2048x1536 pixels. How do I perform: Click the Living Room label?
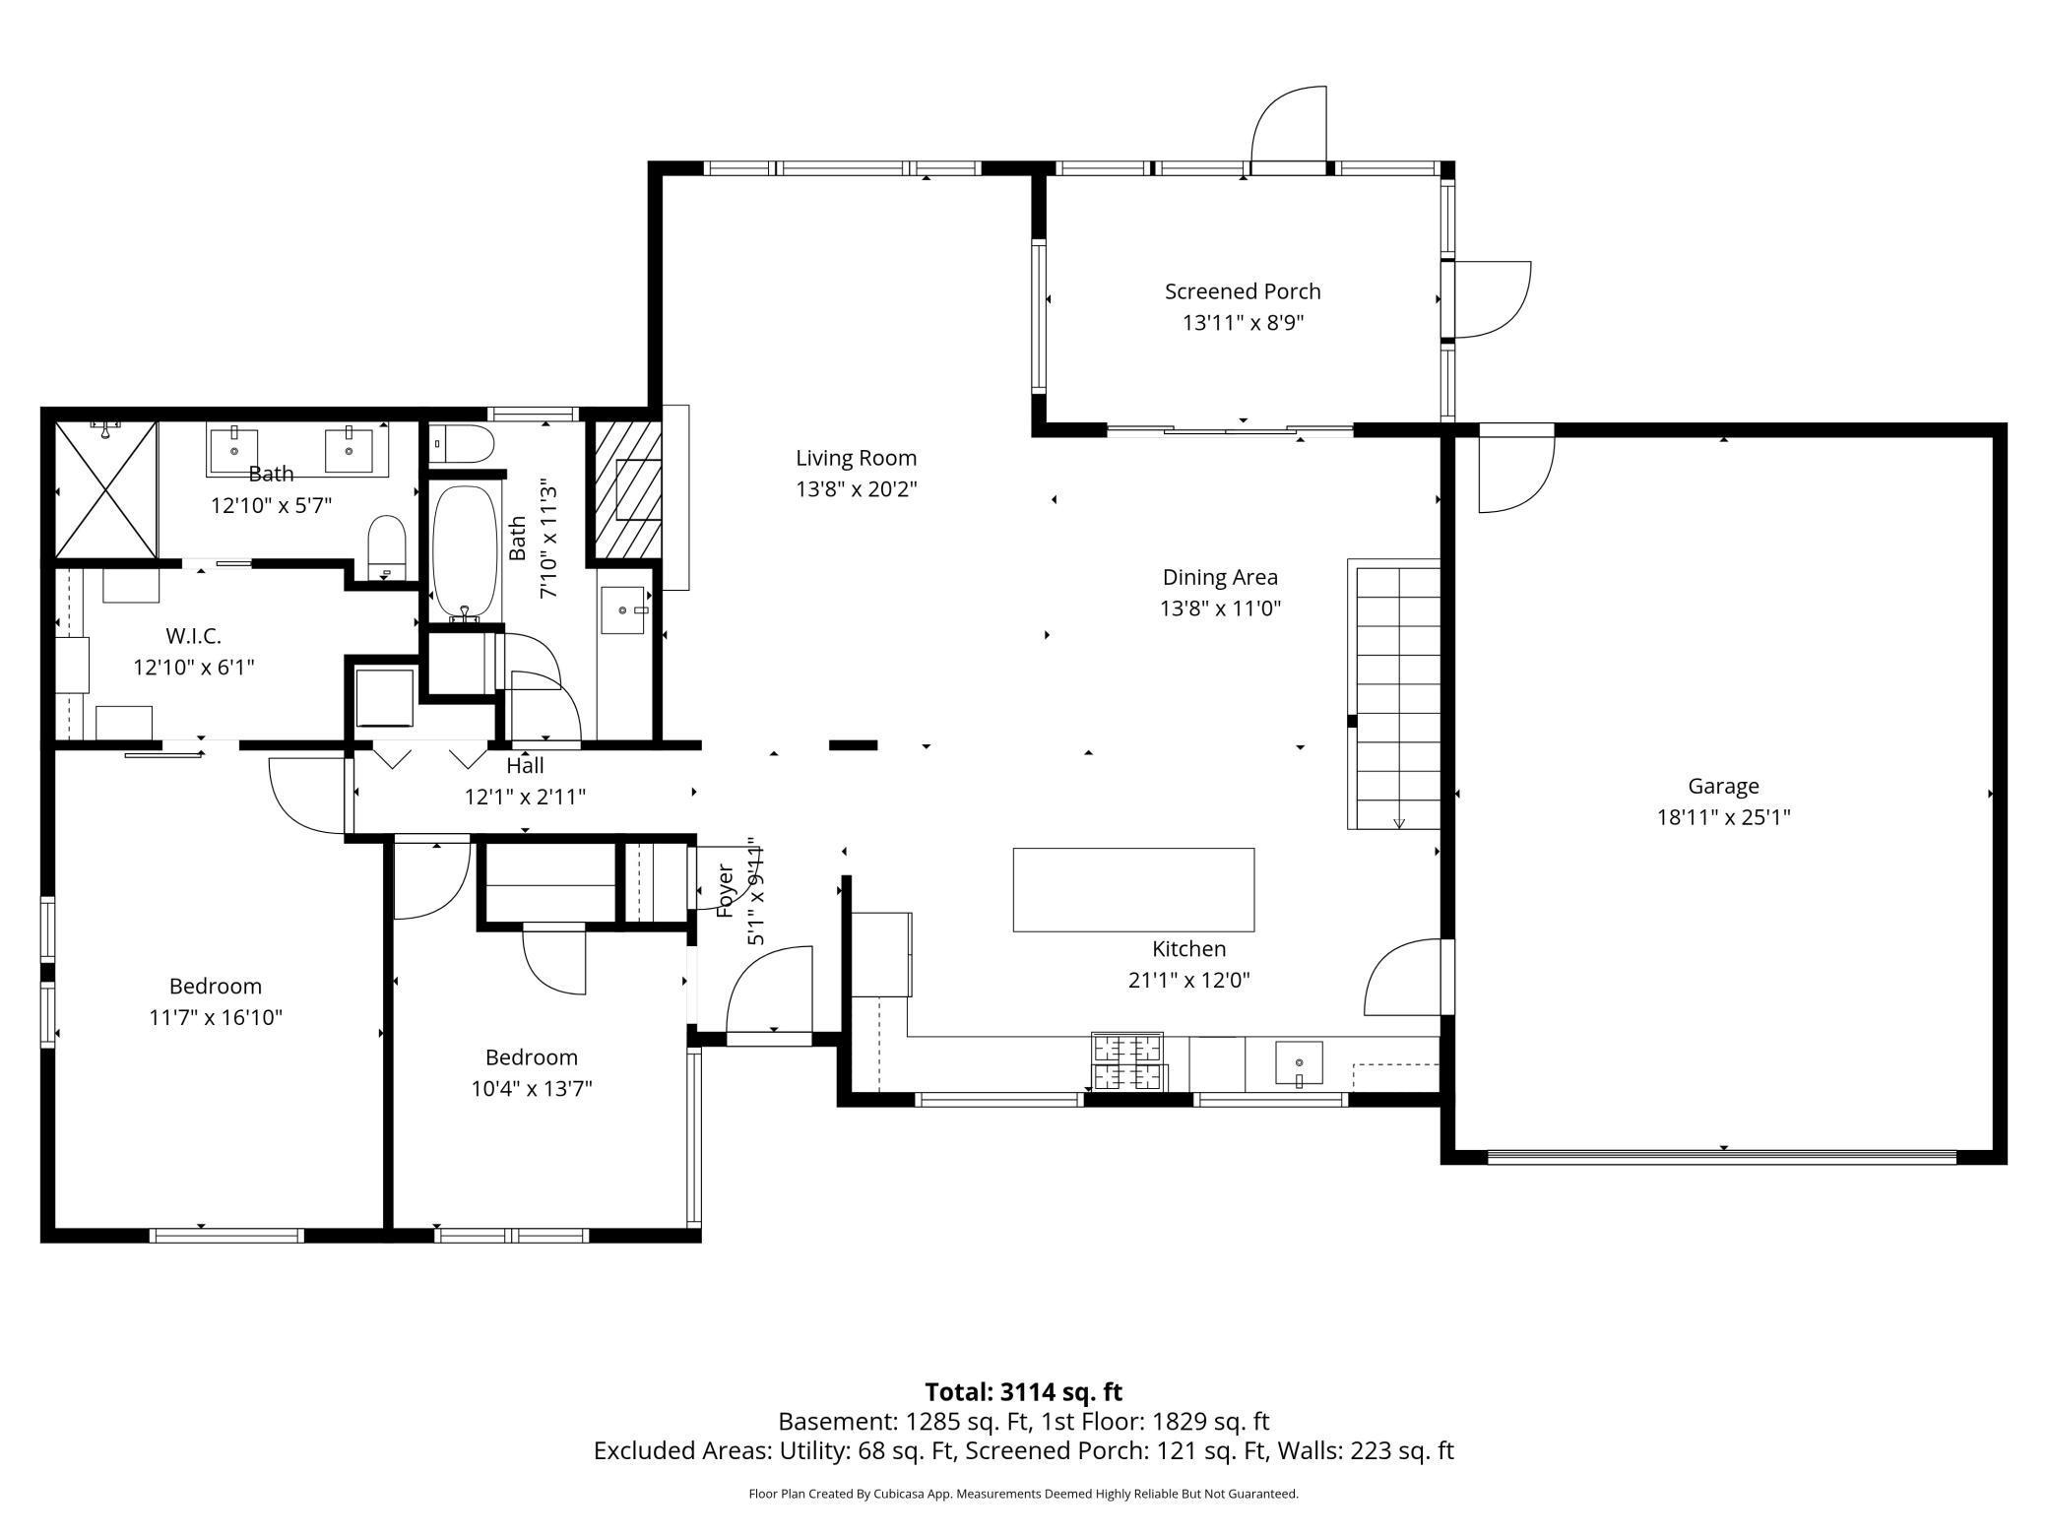(x=856, y=458)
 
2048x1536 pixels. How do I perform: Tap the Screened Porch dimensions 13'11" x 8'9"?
(x=1243, y=323)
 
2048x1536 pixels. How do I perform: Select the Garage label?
(x=1723, y=787)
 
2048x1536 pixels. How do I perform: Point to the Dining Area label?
(x=1220, y=577)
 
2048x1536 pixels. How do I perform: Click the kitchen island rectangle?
(x=1133, y=889)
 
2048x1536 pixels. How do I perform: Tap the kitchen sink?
(x=1299, y=1063)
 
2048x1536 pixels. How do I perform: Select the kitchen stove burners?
(x=1127, y=1061)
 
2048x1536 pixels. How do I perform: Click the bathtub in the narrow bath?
(x=468, y=552)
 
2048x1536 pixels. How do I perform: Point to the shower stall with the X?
(x=106, y=488)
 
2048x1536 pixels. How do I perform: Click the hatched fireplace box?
(x=624, y=490)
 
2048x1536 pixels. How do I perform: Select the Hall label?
(x=525, y=765)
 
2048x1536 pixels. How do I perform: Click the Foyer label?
(x=726, y=891)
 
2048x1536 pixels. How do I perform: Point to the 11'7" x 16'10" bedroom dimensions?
(x=216, y=1017)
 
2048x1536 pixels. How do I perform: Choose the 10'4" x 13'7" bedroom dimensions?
(x=532, y=1088)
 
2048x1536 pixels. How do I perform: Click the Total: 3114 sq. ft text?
(x=1023, y=1392)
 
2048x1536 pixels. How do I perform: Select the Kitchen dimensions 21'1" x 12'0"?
(x=1189, y=980)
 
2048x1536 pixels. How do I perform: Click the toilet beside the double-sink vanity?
(x=387, y=547)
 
